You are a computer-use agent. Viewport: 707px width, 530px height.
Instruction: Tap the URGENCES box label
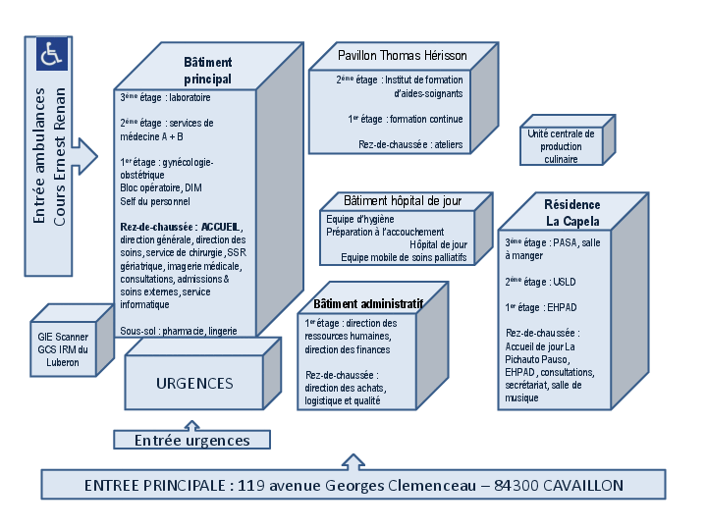194,383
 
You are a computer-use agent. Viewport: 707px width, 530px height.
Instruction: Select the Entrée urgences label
191,441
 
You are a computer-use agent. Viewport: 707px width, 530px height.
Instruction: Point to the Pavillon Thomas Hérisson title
402,55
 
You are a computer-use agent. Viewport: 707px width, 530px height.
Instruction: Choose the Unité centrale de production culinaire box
561,146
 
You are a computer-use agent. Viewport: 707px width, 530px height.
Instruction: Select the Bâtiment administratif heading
367,304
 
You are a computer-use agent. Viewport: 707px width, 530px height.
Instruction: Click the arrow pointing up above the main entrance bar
351,460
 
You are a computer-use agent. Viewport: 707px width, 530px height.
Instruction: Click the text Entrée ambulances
39,169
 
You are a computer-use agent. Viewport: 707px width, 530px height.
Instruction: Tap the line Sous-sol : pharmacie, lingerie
179,331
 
